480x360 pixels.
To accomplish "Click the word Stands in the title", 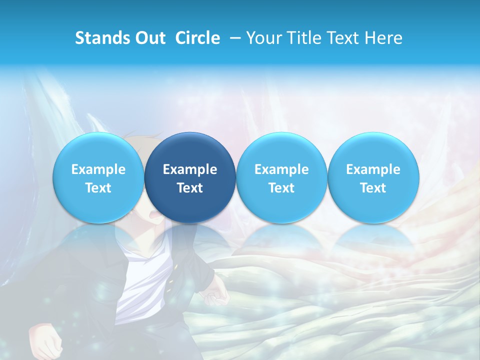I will [100, 38].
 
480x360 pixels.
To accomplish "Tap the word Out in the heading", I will [149, 38].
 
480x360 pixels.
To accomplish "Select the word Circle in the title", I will [197, 38].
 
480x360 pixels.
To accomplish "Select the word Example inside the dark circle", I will [190, 169].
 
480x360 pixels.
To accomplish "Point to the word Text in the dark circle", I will [190, 188].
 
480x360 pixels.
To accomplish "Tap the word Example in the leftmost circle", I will [98, 169].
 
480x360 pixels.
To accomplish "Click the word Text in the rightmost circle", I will [373, 188].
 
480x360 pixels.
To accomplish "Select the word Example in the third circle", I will [281, 169].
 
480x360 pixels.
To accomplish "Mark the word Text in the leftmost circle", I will [98, 188].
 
